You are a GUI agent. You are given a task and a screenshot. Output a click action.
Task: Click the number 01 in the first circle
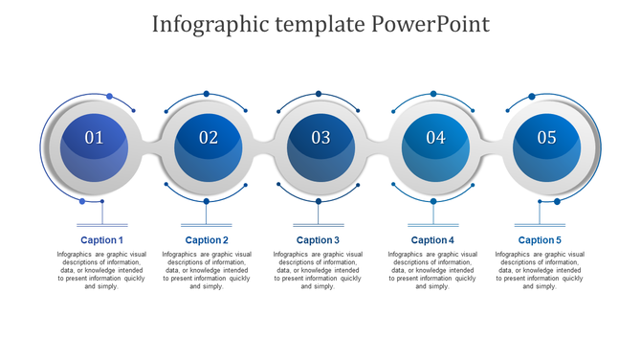(94, 138)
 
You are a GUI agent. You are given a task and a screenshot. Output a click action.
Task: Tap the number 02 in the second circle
(209, 138)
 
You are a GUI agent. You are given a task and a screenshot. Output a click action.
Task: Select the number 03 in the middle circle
(320, 138)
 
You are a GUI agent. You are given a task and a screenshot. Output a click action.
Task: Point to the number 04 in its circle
(435, 138)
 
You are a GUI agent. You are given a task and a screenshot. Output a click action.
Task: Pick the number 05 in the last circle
(546, 138)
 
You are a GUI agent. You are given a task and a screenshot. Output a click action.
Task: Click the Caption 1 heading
(101, 240)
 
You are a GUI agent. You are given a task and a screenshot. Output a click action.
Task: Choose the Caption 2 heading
(207, 240)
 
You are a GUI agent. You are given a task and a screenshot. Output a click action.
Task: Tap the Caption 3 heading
(318, 240)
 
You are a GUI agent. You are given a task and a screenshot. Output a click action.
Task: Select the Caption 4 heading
(432, 240)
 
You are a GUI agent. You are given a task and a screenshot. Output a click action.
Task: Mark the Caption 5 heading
(540, 240)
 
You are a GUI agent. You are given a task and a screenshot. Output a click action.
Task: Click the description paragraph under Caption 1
(104, 270)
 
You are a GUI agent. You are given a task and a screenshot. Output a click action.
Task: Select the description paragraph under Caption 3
(318, 270)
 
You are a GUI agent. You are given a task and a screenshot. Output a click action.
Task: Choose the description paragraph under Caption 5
(540, 270)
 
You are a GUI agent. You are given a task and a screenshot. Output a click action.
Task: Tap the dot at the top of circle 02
(206, 94)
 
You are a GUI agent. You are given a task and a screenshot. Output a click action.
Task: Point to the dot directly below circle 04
(432, 201)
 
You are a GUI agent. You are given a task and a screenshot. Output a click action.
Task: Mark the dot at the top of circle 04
(433, 94)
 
